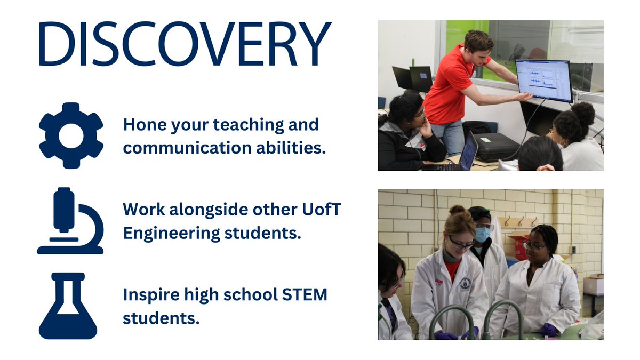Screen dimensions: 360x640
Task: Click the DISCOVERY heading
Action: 185,44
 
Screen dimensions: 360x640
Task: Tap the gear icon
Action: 71,135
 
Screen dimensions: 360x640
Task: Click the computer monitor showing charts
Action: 543,81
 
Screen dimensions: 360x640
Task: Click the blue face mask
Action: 483,234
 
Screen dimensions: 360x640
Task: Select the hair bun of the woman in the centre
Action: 457,211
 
